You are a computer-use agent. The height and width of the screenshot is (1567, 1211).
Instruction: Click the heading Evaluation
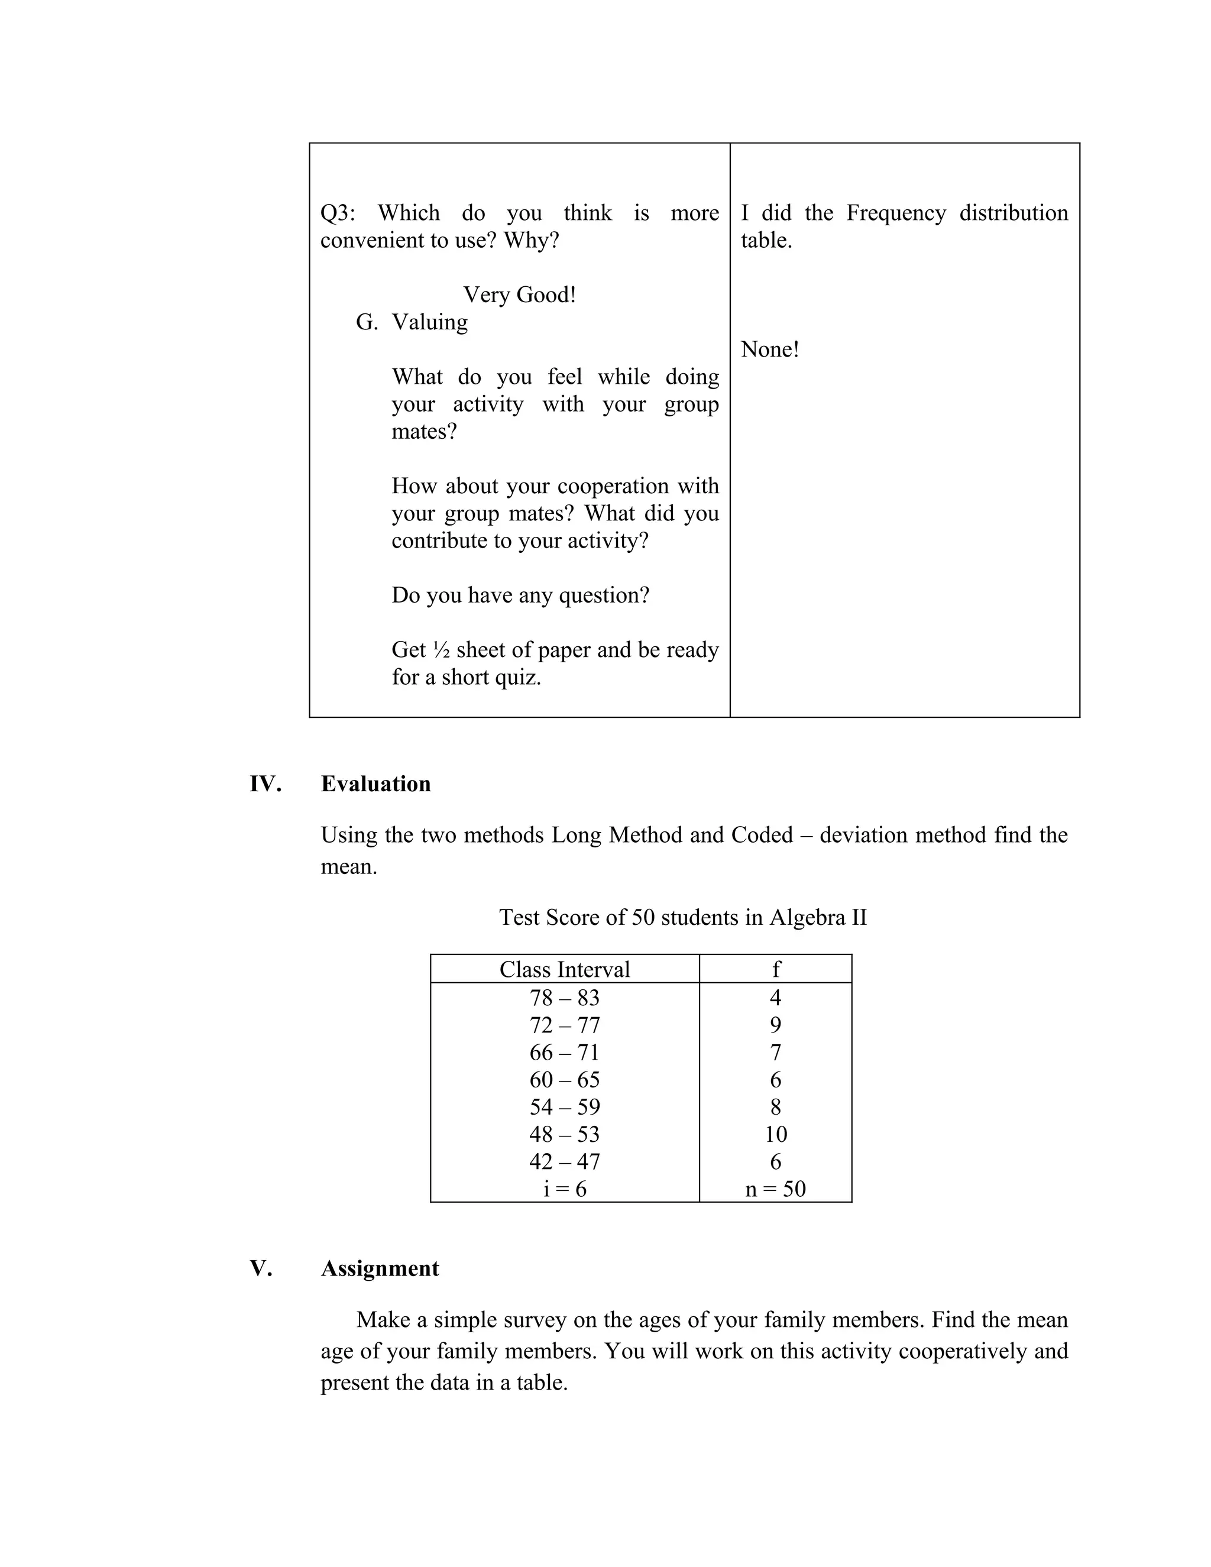[375, 783]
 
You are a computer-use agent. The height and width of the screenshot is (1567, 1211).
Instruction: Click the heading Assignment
[380, 1268]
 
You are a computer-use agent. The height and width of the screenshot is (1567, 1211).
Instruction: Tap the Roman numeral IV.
[265, 783]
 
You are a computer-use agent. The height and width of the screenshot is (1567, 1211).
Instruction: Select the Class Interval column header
[564, 969]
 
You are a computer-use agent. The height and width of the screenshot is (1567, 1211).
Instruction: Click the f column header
[776, 969]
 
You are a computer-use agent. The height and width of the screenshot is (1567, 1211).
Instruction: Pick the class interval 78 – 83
[564, 998]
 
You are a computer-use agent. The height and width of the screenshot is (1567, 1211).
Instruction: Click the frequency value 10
[776, 1134]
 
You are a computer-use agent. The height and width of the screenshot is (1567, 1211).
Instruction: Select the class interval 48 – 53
[564, 1134]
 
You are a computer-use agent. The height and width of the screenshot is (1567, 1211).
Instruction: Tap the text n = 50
[776, 1189]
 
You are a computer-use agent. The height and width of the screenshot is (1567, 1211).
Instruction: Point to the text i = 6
[564, 1189]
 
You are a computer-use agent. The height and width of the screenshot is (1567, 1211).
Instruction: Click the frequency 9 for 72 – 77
[776, 1025]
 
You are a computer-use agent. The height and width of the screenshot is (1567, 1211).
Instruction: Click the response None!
[769, 349]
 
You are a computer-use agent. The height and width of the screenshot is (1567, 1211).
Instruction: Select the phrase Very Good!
[519, 294]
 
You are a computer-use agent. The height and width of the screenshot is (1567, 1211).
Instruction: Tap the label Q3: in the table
[337, 213]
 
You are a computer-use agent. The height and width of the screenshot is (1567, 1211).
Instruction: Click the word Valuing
[429, 322]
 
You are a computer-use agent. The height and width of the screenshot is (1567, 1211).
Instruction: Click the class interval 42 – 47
[564, 1161]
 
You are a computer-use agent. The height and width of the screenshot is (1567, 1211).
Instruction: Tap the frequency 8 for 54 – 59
[776, 1106]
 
